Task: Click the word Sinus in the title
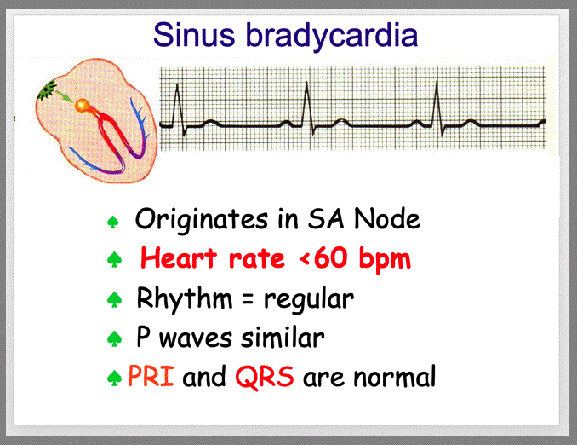tap(194, 35)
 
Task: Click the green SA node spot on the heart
tap(46, 90)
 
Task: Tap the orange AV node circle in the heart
tap(82, 106)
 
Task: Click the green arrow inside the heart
tap(63, 95)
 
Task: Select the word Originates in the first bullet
tap(202, 220)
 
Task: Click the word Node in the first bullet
tap(386, 218)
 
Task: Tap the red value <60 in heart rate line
tap(324, 257)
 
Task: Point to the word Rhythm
tap(185, 298)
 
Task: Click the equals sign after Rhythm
tap(248, 300)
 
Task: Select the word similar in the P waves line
tap(283, 337)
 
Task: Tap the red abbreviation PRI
tap(151, 376)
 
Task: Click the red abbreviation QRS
tap(265, 377)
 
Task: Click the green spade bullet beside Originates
tap(112, 222)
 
